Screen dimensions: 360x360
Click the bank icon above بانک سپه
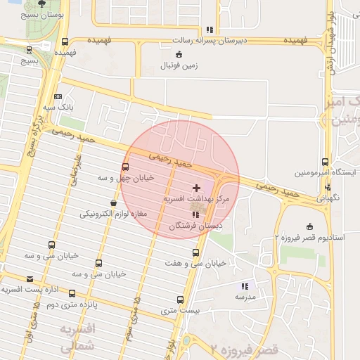click(x=58, y=96)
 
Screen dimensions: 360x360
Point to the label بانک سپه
click(x=58, y=108)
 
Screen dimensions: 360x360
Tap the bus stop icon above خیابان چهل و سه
click(x=125, y=167)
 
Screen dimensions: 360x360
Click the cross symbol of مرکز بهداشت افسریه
click(x=196, y=188)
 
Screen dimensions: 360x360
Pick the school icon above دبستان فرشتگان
click(x=195, y=214)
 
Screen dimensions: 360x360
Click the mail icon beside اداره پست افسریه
click(x=29, y=278)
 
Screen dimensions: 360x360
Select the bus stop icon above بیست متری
click(x=180, y=299)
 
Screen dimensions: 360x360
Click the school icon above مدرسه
click(x=245, y=286)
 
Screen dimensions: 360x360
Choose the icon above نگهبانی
click(x=328, y=187)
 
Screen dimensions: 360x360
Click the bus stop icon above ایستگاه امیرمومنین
click(x=324, y=162)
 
